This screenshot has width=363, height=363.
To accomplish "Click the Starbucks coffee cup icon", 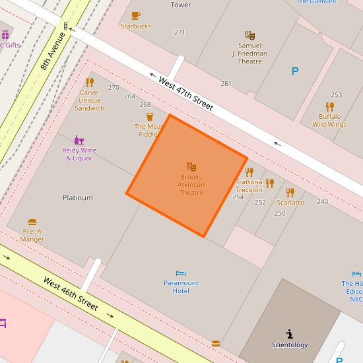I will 135,15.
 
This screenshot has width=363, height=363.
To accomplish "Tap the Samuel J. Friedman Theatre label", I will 249,53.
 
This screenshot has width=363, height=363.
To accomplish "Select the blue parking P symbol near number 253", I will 295,71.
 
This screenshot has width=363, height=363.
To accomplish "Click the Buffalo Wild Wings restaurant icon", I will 329,106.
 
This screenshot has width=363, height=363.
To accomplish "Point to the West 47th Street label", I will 185,92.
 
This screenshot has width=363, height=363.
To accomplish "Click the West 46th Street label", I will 71,294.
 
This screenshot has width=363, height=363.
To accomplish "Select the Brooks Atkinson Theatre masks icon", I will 191,167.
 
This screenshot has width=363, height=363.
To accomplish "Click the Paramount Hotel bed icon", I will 181,273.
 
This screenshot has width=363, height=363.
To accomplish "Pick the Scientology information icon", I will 289,334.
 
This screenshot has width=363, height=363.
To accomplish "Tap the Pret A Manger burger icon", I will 32,222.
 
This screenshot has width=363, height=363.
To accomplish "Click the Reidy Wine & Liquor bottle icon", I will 79,140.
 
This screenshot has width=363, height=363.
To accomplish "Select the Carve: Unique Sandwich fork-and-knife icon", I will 89,82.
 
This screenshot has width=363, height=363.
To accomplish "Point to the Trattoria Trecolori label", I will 249,185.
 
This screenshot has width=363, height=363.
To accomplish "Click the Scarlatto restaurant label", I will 290,203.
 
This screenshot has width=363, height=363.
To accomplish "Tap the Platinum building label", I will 78,197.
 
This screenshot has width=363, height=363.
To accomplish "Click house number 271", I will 180,32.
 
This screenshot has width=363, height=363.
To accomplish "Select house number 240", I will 322,201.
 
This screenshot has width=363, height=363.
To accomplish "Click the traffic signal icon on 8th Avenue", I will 65,26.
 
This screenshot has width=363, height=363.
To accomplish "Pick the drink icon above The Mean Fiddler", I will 150,116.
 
